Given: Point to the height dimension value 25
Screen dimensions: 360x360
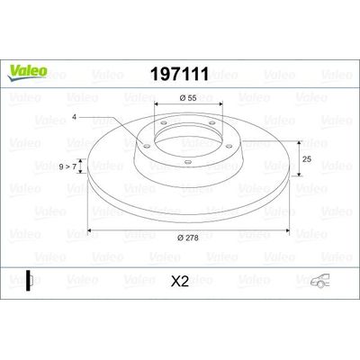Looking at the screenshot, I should tap(307, 158).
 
